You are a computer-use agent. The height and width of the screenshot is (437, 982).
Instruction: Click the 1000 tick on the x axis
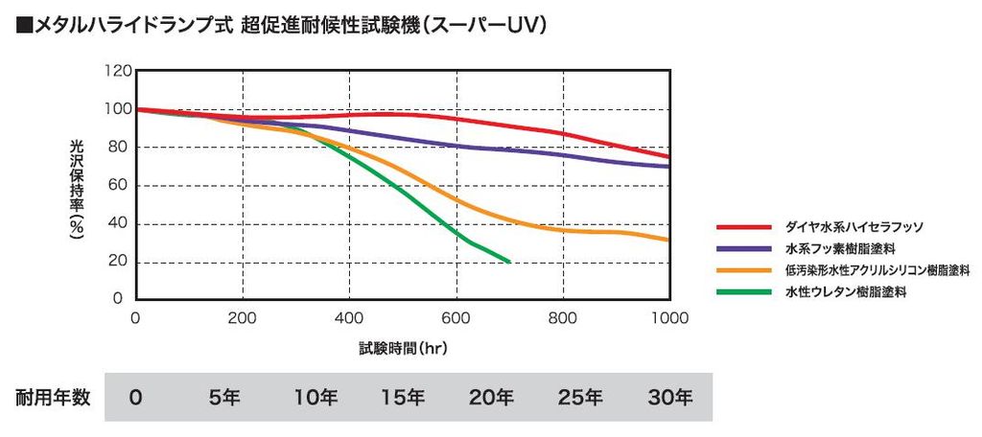pyautogui.click(x=667, y=318)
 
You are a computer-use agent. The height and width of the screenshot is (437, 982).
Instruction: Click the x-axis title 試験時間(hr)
pyautogui.click(x=403, y=349)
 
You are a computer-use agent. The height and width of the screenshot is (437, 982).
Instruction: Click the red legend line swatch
pyautogui.click(x=744, y=227)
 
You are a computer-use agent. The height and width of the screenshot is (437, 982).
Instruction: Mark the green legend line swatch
pyautogui.click(x=744, y=291)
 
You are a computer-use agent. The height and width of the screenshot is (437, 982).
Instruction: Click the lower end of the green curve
pyautogui.click(x=508, y=262)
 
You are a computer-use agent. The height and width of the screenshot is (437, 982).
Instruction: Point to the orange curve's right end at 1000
pyautogui.click(x=667, y=240)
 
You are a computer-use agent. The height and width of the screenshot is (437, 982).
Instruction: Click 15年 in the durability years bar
pyautogui.click(x=404, y=397)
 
